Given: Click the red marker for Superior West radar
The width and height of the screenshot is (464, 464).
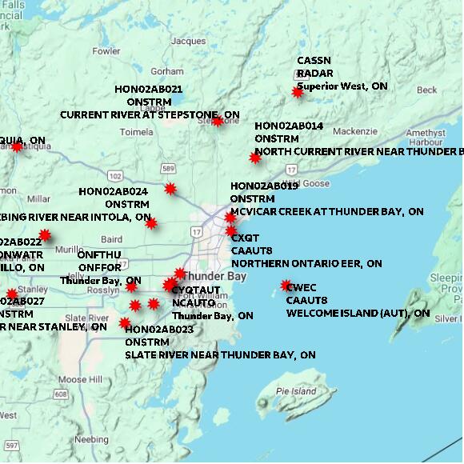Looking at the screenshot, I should pyautogui.click(x=298, y=93).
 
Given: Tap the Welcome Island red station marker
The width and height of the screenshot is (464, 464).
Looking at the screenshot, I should pyautogui.click(x=286, y=286).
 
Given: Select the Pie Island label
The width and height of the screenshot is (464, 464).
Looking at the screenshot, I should pyautogui.click(x=296, y=391).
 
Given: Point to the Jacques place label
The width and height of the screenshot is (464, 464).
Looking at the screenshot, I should pyautogui.click(x=189, y=41).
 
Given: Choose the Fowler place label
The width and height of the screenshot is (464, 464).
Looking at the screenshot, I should pyautogui.click(x=106, y=51).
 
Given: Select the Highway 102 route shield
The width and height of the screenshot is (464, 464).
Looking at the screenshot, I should pyautogui.click(x=116, y=175).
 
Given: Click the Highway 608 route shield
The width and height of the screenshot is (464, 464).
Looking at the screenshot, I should pyautogui.click(x=61, y=394).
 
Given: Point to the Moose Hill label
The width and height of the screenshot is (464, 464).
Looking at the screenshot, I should pyautogui.click(x=80, y=379).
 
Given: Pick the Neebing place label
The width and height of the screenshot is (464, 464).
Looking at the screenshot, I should pyautogui.click(x=90, y=439).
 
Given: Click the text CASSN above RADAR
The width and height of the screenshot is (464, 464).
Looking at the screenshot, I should pyautogui.click(x=314, y=61).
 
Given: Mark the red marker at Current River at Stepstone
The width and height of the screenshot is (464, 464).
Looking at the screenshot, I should pyautogui.click(x=217, y=122).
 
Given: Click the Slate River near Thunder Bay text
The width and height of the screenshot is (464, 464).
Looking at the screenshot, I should pyautogui.click(x=220, y=354).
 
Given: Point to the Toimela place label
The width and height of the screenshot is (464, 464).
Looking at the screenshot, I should pyautogui.click(x=137, y=132).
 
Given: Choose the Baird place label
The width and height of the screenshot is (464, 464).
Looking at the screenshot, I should pyautogui.click(x=112, y=239).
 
